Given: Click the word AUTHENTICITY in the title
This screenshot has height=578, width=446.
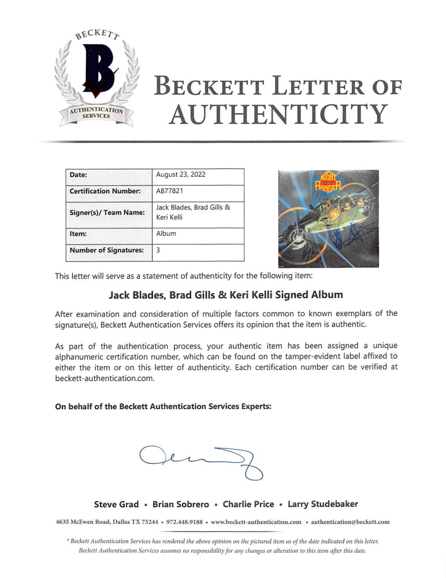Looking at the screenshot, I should pos(278,113).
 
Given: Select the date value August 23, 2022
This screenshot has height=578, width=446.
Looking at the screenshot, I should pos(181,175).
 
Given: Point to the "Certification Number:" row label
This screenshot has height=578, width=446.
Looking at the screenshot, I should pos(105,191).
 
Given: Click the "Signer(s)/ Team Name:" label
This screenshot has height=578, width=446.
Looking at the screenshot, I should pos(107,213).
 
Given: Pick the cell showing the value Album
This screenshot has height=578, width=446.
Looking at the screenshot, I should pos(166,234).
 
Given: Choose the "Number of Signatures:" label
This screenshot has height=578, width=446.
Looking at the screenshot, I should pos(106,250).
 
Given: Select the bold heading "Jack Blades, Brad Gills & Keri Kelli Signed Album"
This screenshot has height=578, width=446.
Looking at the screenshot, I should pos(226,295).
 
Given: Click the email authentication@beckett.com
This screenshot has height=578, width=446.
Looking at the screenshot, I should pos(350,522).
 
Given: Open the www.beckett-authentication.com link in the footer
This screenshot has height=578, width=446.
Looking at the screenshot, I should pos(256,522).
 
